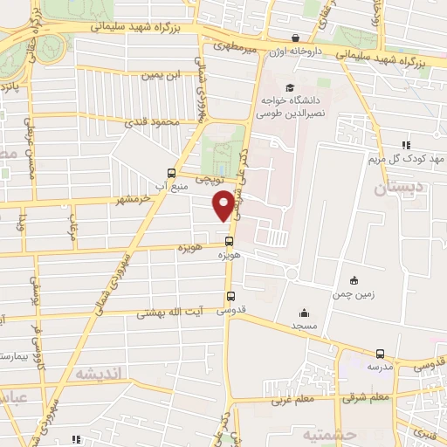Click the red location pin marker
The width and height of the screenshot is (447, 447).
(223, 204)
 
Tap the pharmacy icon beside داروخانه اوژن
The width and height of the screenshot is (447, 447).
(297, 38)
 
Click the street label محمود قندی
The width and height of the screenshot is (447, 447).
(157, 123)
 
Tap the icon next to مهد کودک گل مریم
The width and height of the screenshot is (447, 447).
(405, 145)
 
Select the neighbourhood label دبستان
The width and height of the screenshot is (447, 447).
(401, 187)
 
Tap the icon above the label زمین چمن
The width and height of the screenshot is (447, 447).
(354, 280)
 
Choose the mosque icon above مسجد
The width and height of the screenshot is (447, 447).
(304, 313)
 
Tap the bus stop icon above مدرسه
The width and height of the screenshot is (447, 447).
(380, 354)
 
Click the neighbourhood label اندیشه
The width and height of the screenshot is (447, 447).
(100, 373)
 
